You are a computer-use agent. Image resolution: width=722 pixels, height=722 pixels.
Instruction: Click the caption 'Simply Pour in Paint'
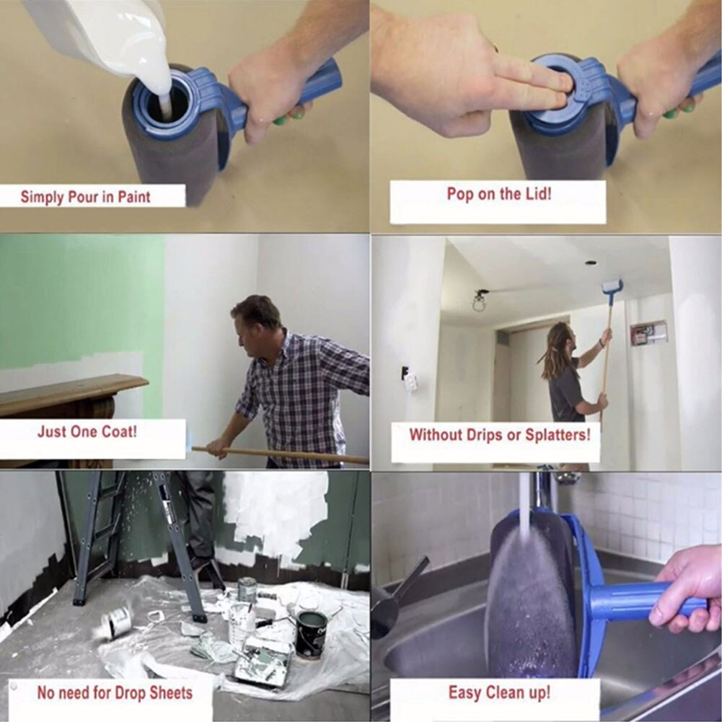pos(86,196)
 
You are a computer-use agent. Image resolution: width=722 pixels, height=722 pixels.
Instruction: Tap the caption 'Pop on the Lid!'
pos(498,194)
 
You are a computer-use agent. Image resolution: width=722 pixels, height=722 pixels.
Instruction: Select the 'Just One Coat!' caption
pos(87,432)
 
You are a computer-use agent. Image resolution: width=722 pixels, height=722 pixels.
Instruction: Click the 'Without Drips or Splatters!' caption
pos(499,435)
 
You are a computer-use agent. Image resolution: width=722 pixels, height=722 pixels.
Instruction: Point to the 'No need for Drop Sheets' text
pos(115,693)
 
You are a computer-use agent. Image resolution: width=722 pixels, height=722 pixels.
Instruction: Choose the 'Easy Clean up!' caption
pos(498,693)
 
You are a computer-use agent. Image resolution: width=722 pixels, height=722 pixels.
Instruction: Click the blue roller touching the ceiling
pos(612,289)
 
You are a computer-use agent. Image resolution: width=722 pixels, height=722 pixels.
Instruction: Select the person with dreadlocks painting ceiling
pos(566,375)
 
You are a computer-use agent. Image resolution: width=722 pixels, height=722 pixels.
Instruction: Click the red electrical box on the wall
pos(648,333)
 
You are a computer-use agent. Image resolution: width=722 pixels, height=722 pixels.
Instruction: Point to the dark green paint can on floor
pos(311,633)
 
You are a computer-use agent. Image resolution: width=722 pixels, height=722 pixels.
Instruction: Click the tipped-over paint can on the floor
pos(117,621)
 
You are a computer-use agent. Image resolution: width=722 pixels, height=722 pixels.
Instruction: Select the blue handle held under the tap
pos(635,602)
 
